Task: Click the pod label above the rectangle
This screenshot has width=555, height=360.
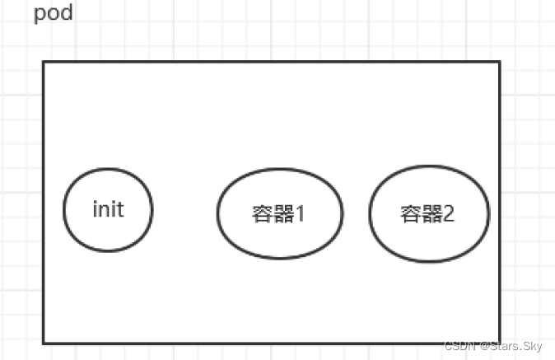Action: click(x=54, y=15)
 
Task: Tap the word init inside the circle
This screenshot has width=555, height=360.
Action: click(x=108, y=209)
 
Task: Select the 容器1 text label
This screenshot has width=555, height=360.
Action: click(x=278, y=214)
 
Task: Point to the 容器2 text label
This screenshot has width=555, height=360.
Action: click(x=427, y=214)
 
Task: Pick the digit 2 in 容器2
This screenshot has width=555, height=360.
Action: click(x=449, y=214)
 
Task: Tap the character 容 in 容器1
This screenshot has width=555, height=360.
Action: click(x=261, y=214)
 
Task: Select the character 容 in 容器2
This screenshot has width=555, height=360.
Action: click(x=410, y=214)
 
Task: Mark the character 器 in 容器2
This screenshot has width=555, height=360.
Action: click(x=430, y=214)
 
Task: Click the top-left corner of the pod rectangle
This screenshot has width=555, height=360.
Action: click(x=44, y=62)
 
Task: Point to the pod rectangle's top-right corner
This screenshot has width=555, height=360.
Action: click(x=499, y=62)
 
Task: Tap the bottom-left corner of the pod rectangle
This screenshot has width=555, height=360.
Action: click(x=44, y=342)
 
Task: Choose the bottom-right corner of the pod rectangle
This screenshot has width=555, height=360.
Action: click(x=499, y=342)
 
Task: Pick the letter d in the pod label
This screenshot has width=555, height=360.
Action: click(x=67, y=14)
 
